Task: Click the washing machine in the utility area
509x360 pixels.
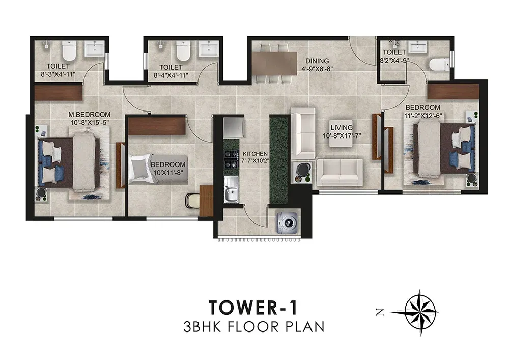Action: [287, 223]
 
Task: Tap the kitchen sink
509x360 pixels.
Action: [231, 189]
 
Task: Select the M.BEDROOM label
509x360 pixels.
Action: [89, 115]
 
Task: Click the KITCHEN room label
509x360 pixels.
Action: [255, 154]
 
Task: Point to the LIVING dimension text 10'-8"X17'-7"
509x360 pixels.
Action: [342, 135]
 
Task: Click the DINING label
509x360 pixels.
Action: [317, 61]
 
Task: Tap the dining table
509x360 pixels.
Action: [275, 64]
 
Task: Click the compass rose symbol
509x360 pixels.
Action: [420, 312]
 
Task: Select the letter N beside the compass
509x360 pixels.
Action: [380, 313]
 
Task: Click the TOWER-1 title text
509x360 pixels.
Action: [253, 308]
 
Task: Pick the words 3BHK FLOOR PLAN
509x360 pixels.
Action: [254, 326]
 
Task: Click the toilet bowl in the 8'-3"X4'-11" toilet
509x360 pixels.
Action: [69, 51]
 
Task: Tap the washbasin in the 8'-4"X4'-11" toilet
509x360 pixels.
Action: [209, 49]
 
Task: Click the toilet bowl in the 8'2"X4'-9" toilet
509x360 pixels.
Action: [439, 64]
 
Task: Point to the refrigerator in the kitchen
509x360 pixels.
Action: [233, 128]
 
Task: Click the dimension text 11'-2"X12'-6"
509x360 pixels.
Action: [423, 115]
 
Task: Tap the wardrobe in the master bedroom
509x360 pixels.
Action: [59, 92]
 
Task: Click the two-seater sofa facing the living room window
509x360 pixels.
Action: [340, 173]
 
